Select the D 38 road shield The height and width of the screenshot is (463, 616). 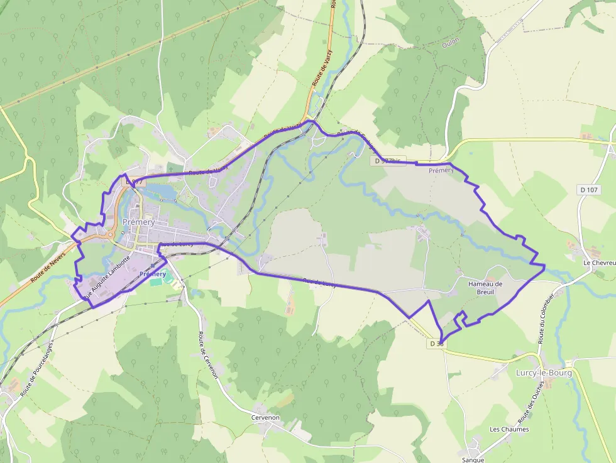[x=437, y=344]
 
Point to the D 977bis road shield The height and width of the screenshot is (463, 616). [x=387, y=161]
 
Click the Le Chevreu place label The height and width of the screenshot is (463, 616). [x=599, y=263]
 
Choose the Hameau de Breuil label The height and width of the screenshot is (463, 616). [x=485, y=288]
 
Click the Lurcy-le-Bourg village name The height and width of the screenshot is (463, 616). [x=544, y=373]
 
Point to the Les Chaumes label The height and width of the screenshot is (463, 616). [x=509, y=430]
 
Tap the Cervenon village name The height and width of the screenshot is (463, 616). [x=265, y=418]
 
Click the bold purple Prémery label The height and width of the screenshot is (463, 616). [x=153, y=275]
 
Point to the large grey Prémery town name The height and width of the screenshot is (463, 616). [x=139, y=222]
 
